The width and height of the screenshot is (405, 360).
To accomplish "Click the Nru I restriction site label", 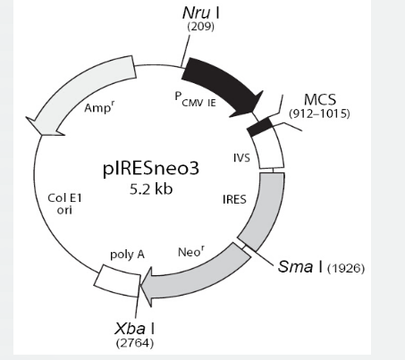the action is click(x=201, y=13).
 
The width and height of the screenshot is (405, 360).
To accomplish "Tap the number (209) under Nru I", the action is click(x=200, y=27).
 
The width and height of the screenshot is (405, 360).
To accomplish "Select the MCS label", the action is click(x=320, y=99).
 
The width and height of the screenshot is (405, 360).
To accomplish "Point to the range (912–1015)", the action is click(x=319, y=113).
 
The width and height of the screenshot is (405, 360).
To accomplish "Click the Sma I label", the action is click(x=300, y=266).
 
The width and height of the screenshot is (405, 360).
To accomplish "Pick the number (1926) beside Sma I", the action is click(x=346, y=269).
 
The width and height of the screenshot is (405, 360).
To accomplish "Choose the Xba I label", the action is click(x=134, y=329).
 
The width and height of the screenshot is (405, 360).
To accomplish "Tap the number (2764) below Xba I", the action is click(x=135, y=343).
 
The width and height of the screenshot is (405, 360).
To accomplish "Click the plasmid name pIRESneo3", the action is click(x=151, y=168).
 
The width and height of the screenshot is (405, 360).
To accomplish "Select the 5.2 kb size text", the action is click(x=151, y=189).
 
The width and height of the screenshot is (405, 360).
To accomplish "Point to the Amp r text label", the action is click(x=99, y=106).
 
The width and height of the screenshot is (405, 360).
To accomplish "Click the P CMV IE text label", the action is click(x=195, y=99).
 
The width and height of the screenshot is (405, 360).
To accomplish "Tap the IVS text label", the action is click(x=241, y=158).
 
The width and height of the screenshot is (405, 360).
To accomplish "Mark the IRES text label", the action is click(x=234, y=199).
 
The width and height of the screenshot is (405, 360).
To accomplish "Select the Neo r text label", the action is click(x=191, y=252).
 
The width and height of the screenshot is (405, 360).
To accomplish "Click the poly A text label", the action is click(x=127, y=255).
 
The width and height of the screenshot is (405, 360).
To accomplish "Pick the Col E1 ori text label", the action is click(x=64, y=204).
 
